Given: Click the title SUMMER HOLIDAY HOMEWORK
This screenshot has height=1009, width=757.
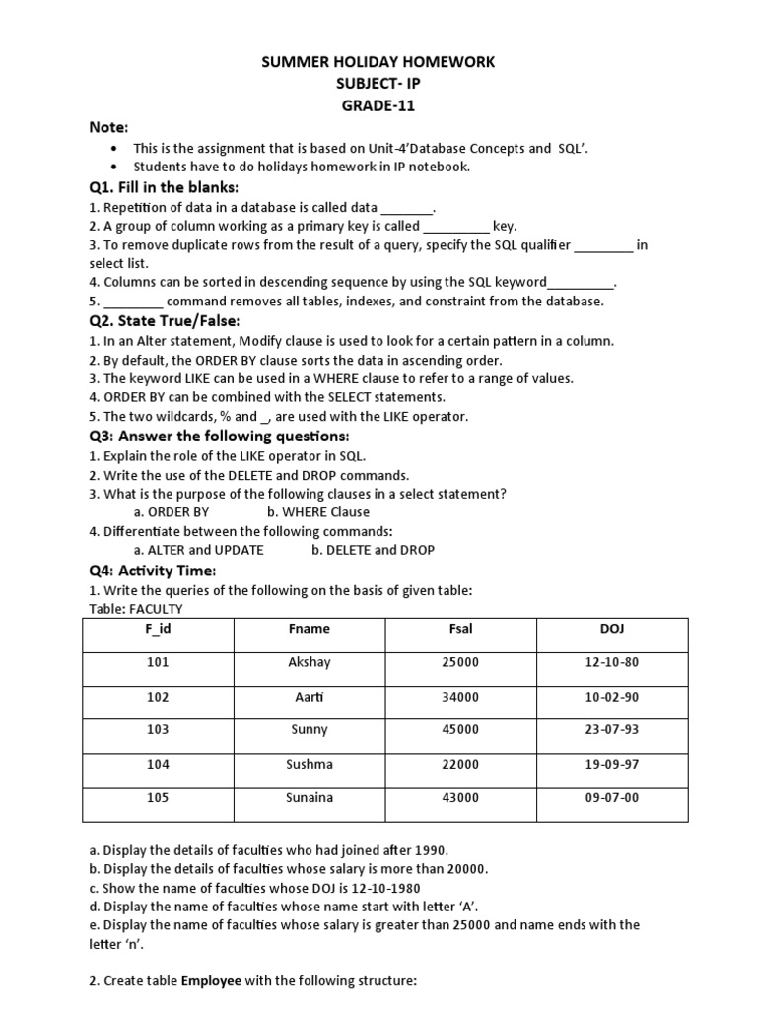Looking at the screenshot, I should coord(378,63).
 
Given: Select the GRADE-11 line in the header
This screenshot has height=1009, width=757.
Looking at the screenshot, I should coord(378,106).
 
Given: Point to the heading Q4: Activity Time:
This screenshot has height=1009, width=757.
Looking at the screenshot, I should coord(152,572).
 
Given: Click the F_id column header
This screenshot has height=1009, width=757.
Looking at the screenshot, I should coord(158,629).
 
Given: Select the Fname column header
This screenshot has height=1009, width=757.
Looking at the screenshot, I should coord(310,629).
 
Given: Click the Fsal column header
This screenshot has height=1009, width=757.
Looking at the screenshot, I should coord(460,629).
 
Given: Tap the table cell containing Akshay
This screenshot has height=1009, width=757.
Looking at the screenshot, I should coord(310,662).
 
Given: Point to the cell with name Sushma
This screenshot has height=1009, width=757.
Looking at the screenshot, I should coord(310,764).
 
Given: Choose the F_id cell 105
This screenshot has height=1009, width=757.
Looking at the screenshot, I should coord(158,798).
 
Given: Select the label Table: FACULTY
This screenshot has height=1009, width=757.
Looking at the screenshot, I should coord(136,609).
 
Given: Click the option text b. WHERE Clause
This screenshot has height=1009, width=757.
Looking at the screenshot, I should coord(317,512).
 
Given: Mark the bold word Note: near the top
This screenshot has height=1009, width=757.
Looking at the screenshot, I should coord(109,128).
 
